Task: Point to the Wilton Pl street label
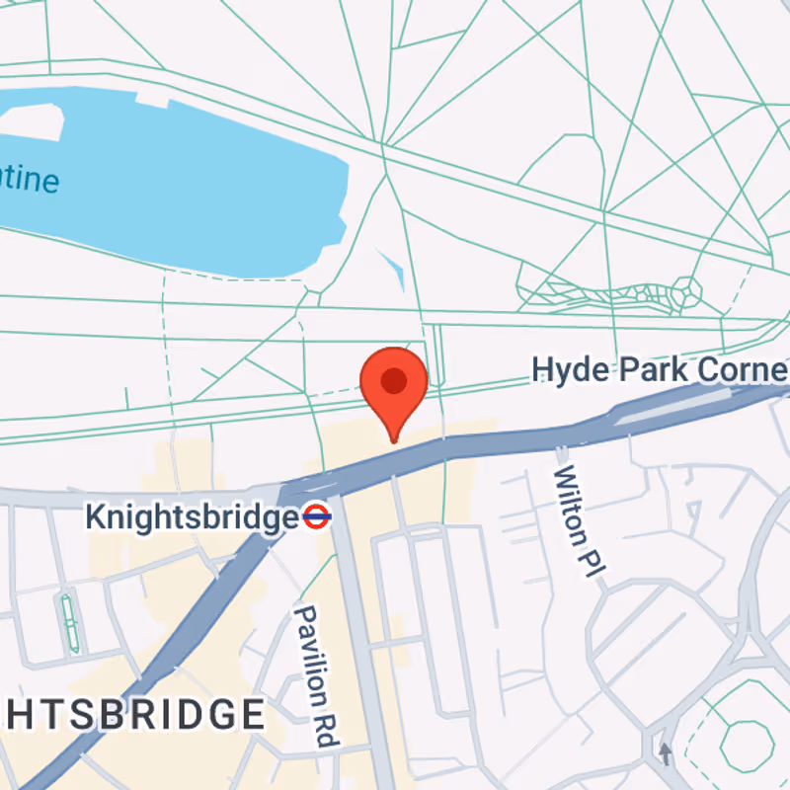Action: point(577,519)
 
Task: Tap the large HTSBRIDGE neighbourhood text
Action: point(133,714)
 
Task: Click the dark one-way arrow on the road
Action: point(666,753)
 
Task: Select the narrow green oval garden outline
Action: point(69,622)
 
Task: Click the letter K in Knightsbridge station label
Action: point(95,516)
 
